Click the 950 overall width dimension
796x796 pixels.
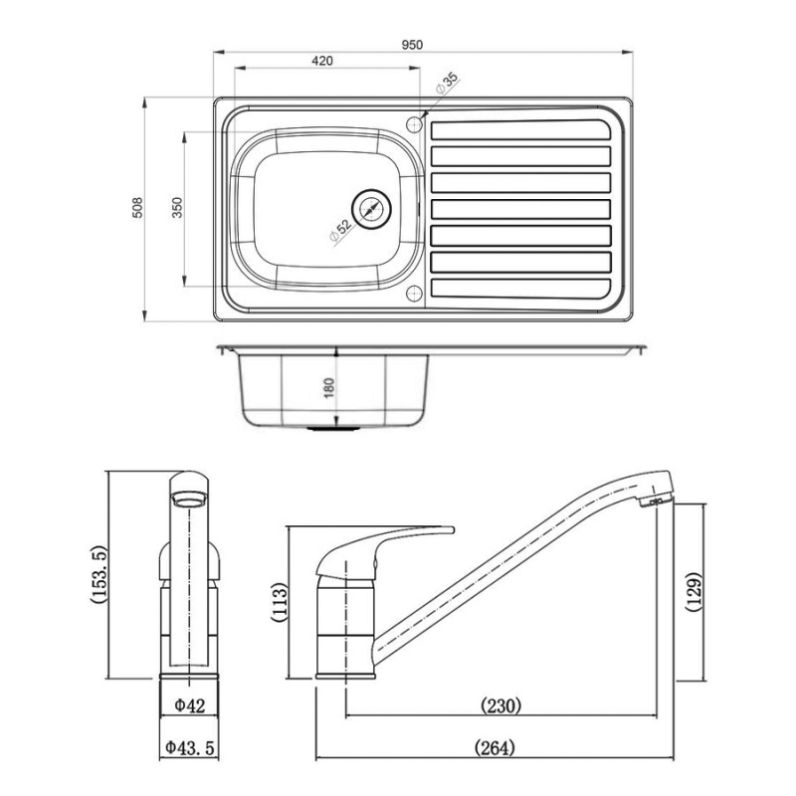(x=413, y=44)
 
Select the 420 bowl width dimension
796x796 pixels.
(x=321, y=61)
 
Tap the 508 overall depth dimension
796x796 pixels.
(x=138, y=207)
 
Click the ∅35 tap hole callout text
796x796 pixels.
(x=445, y=85)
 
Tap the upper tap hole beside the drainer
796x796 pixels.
(x=415, y=123)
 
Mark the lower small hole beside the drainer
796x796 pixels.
(x=415, y=293)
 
